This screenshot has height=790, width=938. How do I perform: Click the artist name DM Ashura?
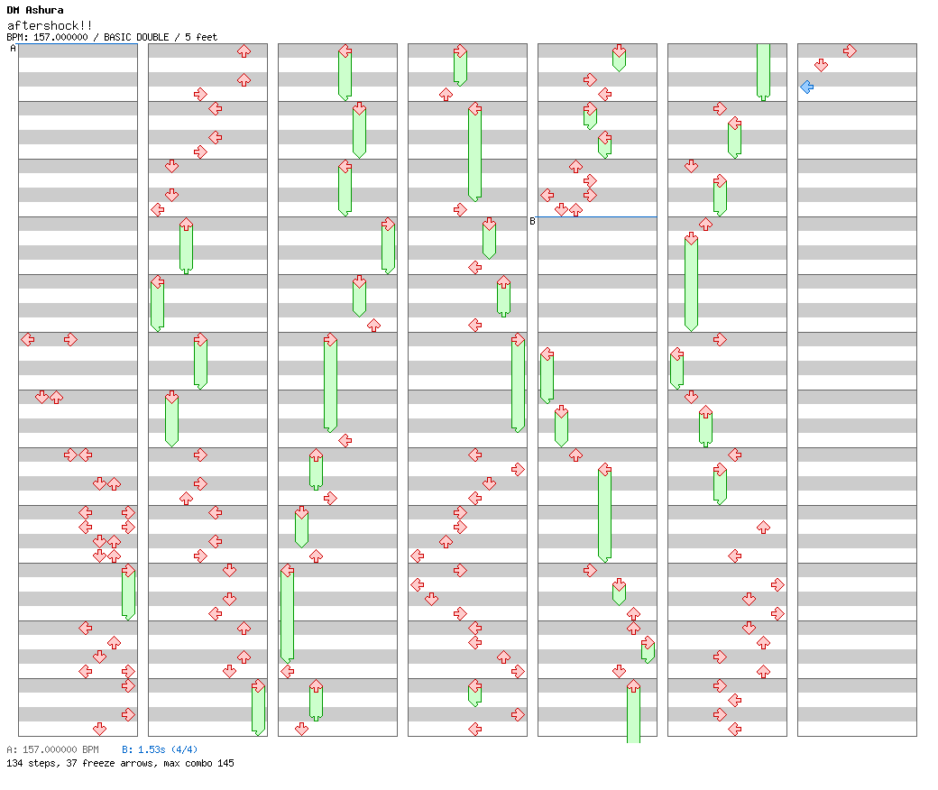pyautogui.click(x=34, y=10)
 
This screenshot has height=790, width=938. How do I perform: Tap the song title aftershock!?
pyautogui.click(x=50, y=25)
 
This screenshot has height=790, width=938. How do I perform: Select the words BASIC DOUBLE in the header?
pyautogui.click(x=136, y=37)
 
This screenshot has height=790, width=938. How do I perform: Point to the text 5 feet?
pyautogui.click(x=201, y=37)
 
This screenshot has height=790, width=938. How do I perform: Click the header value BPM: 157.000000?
pyautogui.click(x=47, y=37)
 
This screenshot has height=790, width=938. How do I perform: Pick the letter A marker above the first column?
pyautogui.click(x=14, y=49)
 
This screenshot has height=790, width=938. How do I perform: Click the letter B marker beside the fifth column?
pyautogui.click(x=532, y=221)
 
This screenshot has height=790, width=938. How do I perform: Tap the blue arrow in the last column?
pyautogui.click(x=807, y=87)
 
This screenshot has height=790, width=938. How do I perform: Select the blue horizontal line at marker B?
pyautogui.click(x=596, y=216)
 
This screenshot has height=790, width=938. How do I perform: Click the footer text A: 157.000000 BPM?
pyautogui.click(x=52, y=749)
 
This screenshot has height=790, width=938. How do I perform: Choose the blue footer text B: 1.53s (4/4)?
pyautogui.click(x=160, y=749)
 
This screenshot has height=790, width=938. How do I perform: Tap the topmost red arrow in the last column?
pyautogui.click(x=850, y=51)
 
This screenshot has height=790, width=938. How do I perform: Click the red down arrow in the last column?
pyautogui.click(x=822, y=65)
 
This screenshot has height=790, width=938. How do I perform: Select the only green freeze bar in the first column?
pyautogui.click(x=129, y=592)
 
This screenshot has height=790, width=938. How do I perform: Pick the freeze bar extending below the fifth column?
pyautogui.click(x=633, y=712)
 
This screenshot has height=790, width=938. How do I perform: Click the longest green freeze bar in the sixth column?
pyautogui.click(x=692, y=282)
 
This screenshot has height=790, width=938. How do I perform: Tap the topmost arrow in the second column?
pyautogui.click(x=244, y=51)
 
